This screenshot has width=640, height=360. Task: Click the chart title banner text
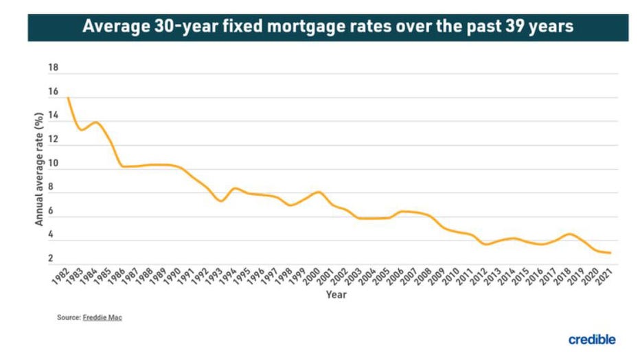pyautogui.click(x=328, y=27)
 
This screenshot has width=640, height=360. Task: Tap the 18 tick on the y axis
pyautogui.click(x=54, y=69)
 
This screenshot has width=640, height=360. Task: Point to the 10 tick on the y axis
pyautogui.click(x=54, y=164)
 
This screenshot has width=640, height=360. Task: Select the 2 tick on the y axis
pyautogui.click(x=51, y=259)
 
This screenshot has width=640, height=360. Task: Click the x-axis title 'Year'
pyautogui.click(x=336, y=295)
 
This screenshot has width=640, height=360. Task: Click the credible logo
pyautogui.click(x=592, y=339)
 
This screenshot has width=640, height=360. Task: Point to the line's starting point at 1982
pyautogui.click(x=69, y=98)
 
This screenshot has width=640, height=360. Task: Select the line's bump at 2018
pyautogui.click(x=569, y=234)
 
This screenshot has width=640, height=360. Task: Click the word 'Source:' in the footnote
pyautogui.click(x=69, y=318)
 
